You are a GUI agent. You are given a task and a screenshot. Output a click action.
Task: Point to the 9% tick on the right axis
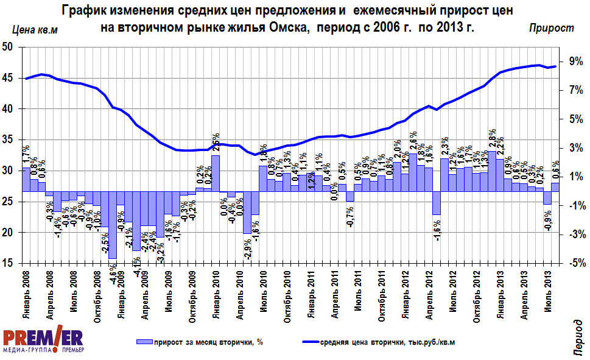tap(576, 61)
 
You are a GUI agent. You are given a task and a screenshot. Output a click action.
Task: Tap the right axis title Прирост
tap(551, 28)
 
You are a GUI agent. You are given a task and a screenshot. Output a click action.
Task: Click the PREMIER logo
tap(43, 341)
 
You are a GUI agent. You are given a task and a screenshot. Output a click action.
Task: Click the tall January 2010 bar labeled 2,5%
tap(216, 174)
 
